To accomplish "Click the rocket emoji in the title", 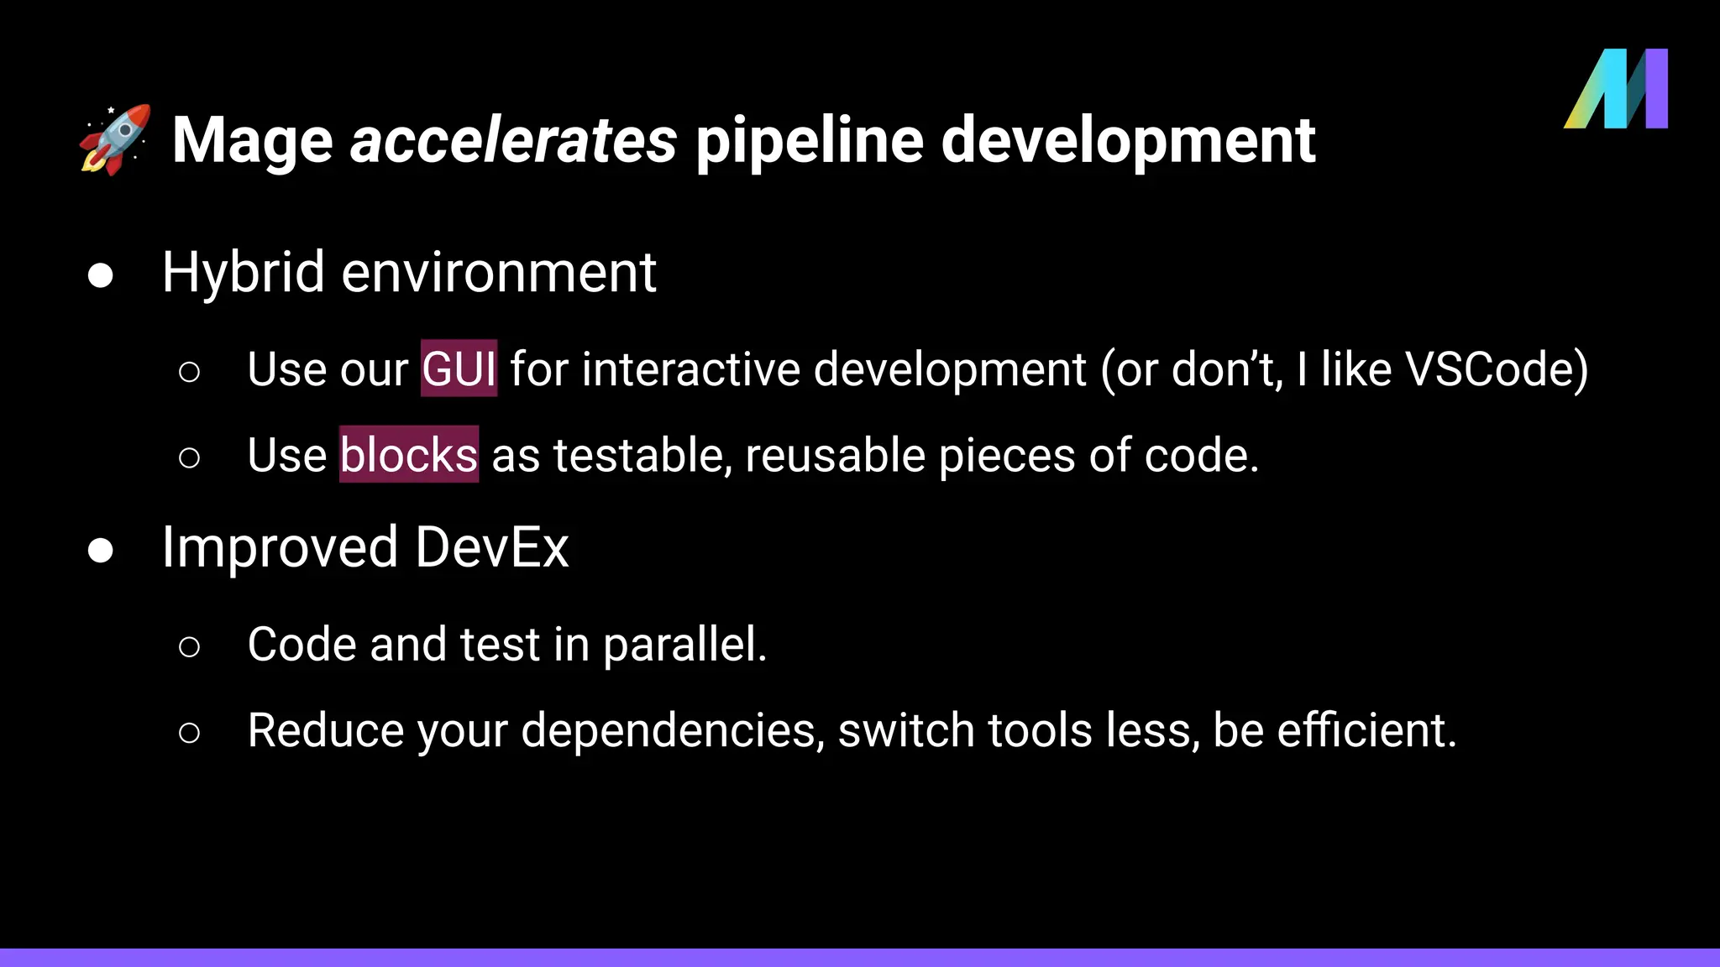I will click(x=116, y=139).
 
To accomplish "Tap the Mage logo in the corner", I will click(x=1616, y=89).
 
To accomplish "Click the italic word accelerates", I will click(x=513, y=140).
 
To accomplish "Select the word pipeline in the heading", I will click(x=809, y=140).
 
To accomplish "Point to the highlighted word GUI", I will click(x=459, y=369).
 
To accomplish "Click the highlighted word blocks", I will click(x=409, y=455).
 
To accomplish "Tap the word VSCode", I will click(x=1496, y=369).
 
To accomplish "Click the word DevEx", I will click(x=491, y=547).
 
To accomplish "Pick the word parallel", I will click(x=684, y=645).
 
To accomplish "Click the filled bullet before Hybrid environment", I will click(x=101, y=275).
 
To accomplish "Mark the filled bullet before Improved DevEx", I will click(x=101, y=551).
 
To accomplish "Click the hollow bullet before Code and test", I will click(x=190, y=646).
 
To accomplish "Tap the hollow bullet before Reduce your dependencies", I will click(x=190, y=732).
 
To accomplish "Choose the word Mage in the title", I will click(x=253, y=140).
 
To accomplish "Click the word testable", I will click(x=642, y=456).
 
